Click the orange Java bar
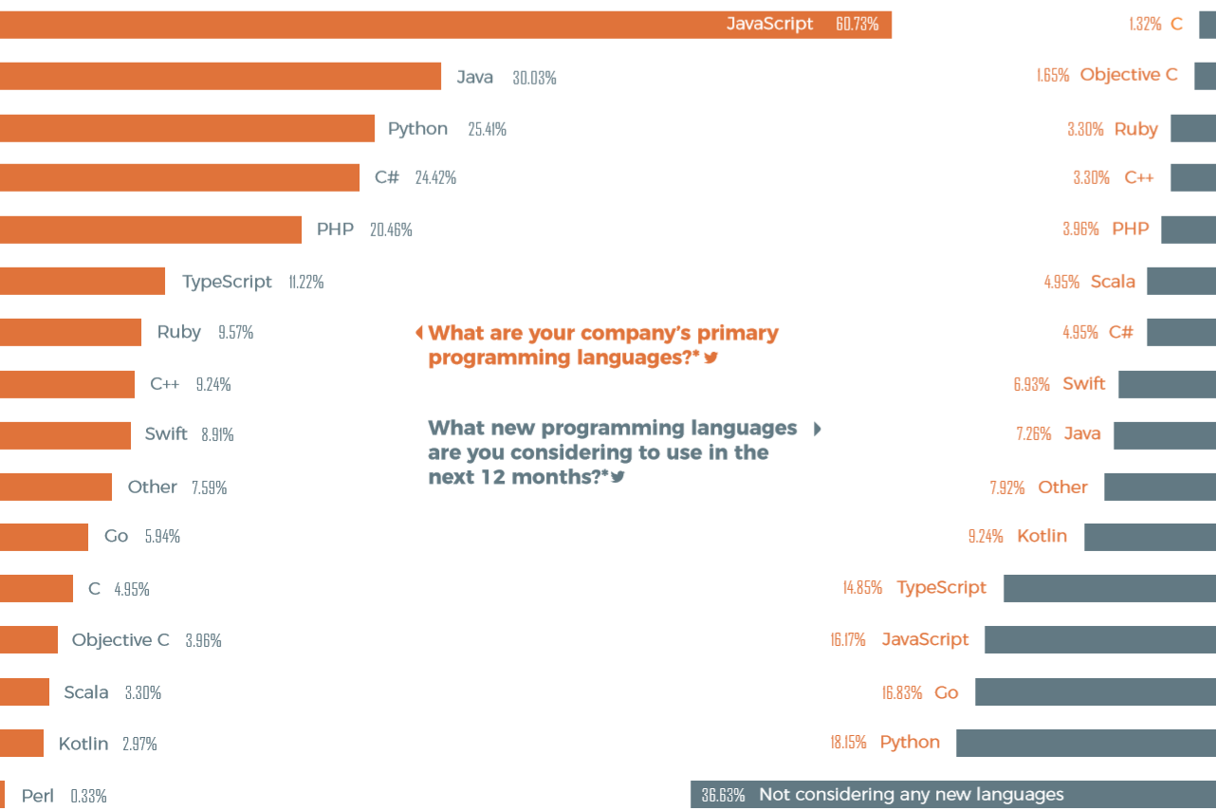pos(220,76)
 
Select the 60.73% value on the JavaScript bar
pos(857,24)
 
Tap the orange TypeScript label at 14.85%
pos(941,587)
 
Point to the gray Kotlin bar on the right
pos(1151,537)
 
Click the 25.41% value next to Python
pos(487,129)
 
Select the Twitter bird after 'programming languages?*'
pos(710,358)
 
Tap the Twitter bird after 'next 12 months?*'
pos(617,477)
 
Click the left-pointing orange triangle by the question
pos(419,332)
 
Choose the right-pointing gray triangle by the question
pos(817,429)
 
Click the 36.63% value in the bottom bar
pos(723,795)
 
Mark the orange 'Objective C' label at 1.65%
pos(1129,74)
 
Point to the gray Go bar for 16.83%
pos(1096,691)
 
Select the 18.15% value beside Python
pos(848,742)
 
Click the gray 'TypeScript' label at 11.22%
pos(227,282)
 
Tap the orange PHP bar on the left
pos(151,230)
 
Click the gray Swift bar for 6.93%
pos(1167,384)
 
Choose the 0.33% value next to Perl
pos(88,797)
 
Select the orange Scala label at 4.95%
pos(1113,281)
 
